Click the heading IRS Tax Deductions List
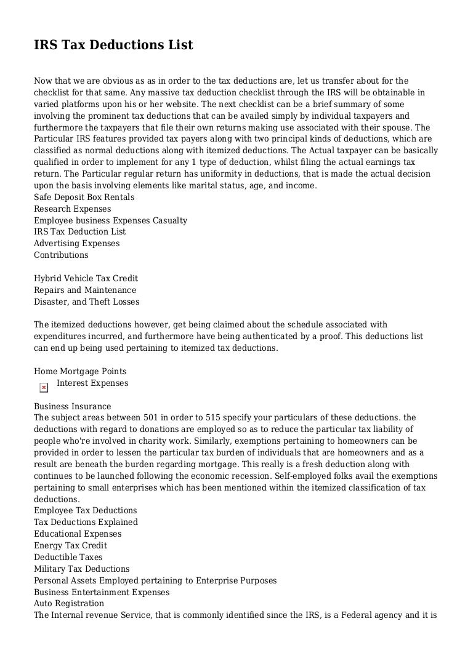click(113, 45)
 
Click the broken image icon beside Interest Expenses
click(44, 387)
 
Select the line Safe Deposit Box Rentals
click(84, 197)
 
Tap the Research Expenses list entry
click(73, 209)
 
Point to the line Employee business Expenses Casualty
click(110, 220)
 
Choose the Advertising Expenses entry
click(77, 243)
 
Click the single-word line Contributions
click(61, 255)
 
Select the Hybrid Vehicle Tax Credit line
click(86, 278)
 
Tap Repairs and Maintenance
click(85, 290)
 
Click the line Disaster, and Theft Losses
click(87, 302)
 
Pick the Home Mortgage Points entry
click(80, 371)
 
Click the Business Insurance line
click(73, 406)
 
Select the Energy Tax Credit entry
click(70, 545)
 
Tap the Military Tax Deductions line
click(82, 569)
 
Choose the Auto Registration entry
click(69, 603)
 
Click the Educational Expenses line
click(78, 534)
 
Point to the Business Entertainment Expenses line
click(102, 592)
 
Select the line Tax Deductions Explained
click(86, 522)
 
